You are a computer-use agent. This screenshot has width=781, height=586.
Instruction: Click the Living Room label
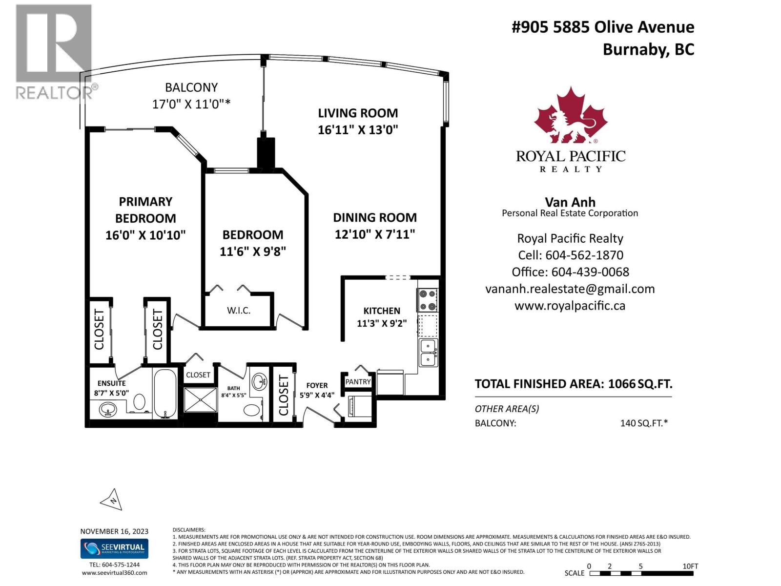tap(358, 113)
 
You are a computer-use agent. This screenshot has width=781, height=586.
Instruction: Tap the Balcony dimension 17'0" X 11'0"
tap(191, 104)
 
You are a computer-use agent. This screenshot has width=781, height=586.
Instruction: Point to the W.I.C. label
tap(239, 311)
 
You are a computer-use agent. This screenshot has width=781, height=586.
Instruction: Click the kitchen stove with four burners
tap(427, 300)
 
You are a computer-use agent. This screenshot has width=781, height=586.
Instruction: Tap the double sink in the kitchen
tap(429, 353)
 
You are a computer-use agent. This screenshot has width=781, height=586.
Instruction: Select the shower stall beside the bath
tap(201, 403)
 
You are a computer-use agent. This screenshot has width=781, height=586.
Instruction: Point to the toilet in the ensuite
tap(139, 402)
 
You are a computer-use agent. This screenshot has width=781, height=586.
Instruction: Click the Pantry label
tap(358, 382)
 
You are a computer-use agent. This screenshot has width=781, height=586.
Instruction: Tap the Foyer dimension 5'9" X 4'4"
tap(317, 395)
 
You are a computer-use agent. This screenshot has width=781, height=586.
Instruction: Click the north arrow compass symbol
tap(112, 500)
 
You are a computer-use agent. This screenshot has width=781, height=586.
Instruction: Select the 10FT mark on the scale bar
tap(690, 566)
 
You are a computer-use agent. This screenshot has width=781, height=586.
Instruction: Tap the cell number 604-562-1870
tap(584, 255)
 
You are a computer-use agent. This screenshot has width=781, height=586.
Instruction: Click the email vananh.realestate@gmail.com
tap(570, 289)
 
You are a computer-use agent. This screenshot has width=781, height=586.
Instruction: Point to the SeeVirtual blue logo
tap(114, 548)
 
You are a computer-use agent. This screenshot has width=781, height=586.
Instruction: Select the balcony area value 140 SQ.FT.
tap(643, 423)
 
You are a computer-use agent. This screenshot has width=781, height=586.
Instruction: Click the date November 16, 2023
tap(114, 531)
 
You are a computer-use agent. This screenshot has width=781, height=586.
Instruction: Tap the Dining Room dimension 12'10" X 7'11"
tap(374, 234)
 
